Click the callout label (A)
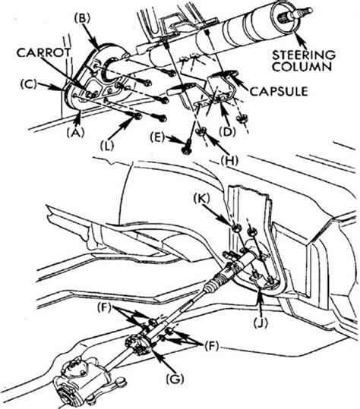coord(75,134)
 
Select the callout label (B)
coord(82,19)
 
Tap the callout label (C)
coord(30,84)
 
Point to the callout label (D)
coord(226,132)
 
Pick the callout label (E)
coord(157,138)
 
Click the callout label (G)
coord(175,379)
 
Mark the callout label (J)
coord(261,323)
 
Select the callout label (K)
coord(201,199)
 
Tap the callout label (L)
coord(107,146)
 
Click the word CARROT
coord(43,52)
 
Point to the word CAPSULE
coord(279,92)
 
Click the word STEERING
coord(304,55)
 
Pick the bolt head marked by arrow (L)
coord(137,117)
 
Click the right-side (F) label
coord(211,346)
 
